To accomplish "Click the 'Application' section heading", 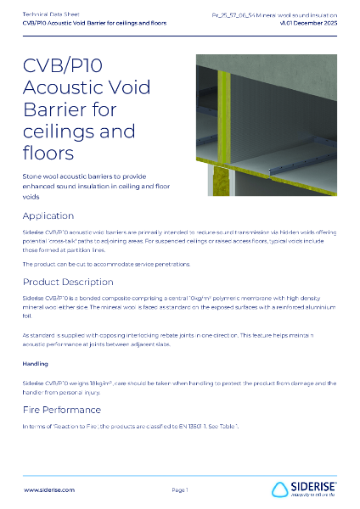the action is point(54,215).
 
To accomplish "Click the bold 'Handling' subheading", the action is point(36,364).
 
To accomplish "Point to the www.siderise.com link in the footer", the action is point(46,489).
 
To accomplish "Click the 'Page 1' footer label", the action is point(179,489).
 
